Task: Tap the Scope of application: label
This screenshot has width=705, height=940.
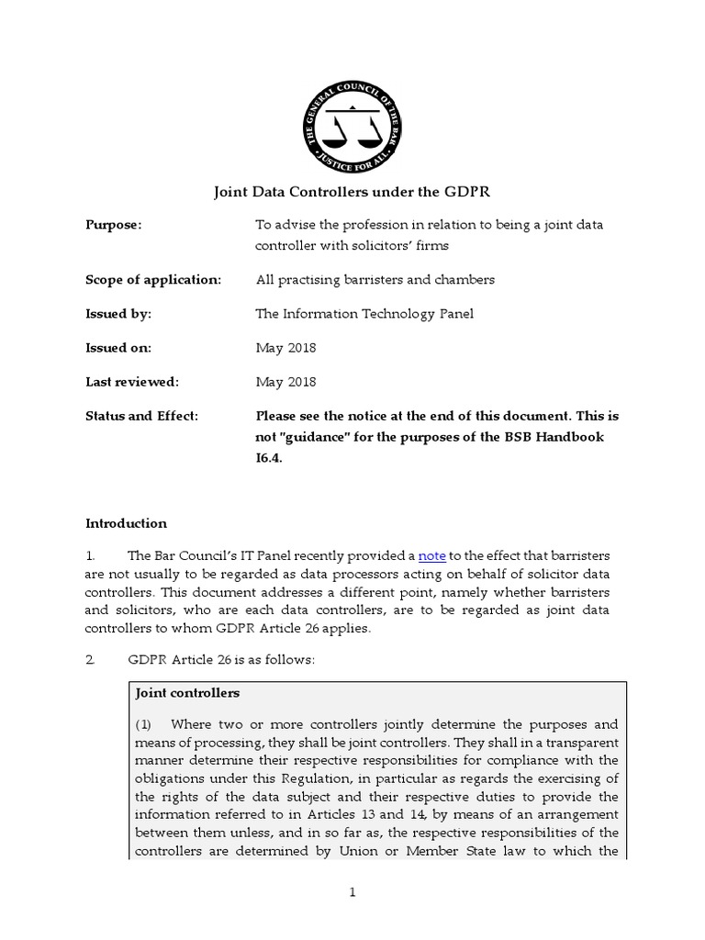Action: point(153,279)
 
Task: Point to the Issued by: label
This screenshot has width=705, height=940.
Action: point(118,314)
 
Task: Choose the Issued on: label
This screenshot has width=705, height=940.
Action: point(118,348)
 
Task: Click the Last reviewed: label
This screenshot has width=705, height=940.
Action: point(132,382)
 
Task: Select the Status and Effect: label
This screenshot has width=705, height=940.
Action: point(141,416)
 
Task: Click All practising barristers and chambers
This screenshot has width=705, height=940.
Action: point(375,279)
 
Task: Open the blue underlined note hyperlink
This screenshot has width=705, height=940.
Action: point(431,556)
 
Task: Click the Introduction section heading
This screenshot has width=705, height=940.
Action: point(126,523)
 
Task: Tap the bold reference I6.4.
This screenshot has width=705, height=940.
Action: point(268,457)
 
